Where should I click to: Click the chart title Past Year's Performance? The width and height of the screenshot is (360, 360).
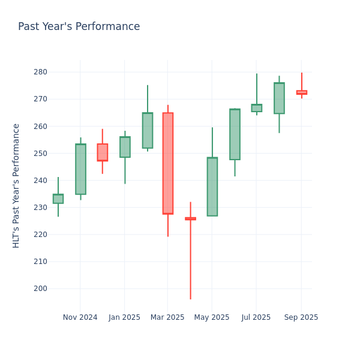click(79, 27)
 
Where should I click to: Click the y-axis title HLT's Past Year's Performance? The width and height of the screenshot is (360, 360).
click(17, 185)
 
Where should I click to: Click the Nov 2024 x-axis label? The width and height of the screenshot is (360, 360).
click(80, 317)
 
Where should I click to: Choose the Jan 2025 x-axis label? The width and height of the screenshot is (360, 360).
click(124, 317)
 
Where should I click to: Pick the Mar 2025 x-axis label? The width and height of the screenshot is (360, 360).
click(167, 317)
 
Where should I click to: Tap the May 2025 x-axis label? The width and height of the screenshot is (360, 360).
click(212, 317)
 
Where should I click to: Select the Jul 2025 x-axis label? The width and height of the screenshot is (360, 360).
click(256, 317)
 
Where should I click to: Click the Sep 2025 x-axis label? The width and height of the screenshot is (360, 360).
click(301, 317)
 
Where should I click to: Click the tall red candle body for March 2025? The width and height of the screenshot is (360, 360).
click(167, 163)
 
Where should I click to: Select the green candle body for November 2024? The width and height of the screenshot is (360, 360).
click(80, 169)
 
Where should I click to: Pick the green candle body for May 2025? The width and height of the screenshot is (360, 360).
click(212, 187)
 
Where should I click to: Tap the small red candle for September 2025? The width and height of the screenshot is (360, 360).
click(301, 92)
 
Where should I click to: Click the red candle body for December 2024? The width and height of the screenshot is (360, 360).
click(102, 152)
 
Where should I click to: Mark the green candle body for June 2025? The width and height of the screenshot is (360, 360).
click(235, 134)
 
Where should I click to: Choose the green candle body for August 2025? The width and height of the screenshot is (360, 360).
click(279, 98)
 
